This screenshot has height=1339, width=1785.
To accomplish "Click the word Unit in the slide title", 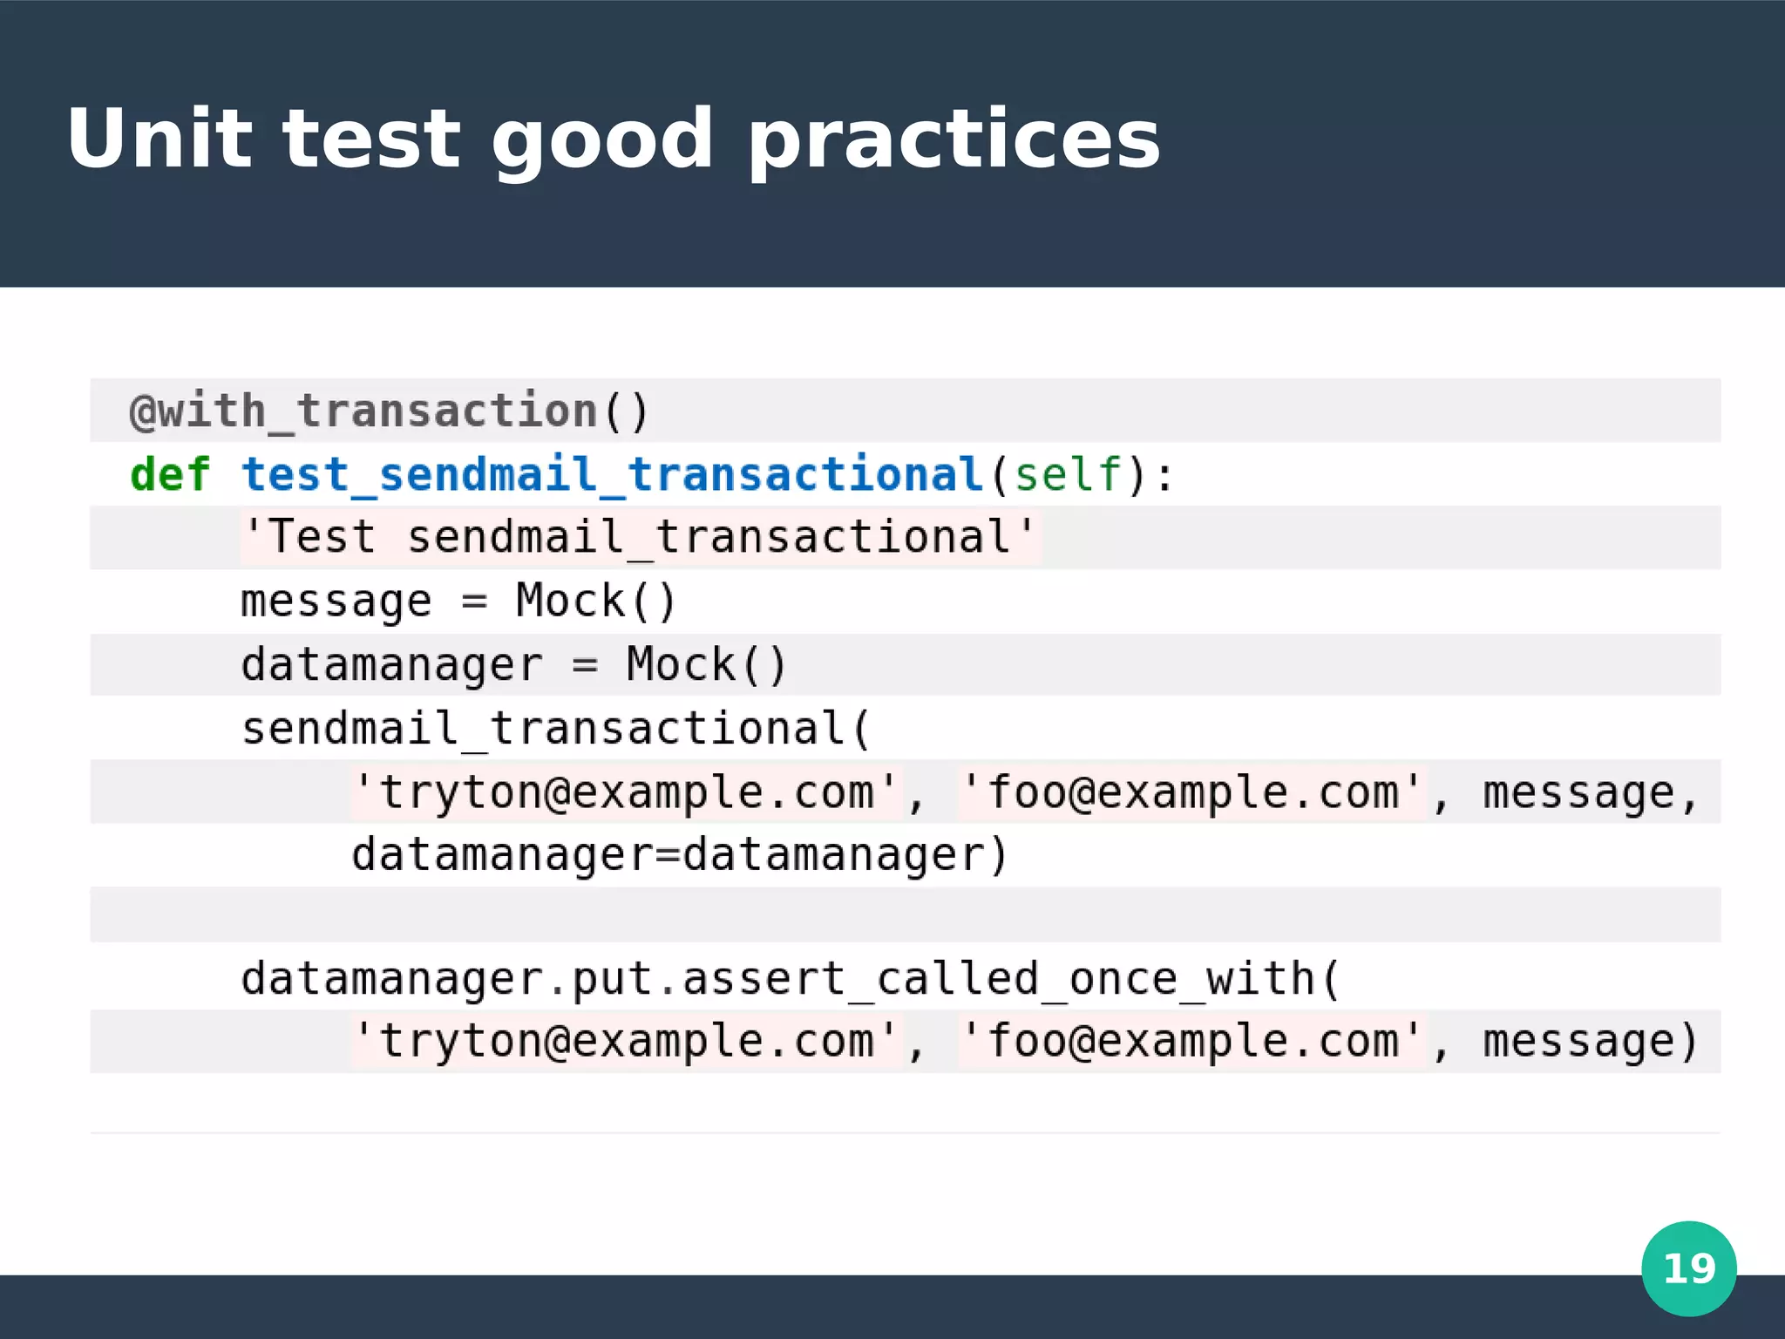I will click(159, 139).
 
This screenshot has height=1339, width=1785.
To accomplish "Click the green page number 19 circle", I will click(1688, 1268).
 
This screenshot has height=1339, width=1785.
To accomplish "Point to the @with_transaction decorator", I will click(389, 411).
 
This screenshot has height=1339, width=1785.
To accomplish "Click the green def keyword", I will click(170, 475).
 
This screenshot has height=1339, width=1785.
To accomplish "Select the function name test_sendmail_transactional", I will click(613, 475).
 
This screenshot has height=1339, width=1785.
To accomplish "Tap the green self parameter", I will click(1068, 475).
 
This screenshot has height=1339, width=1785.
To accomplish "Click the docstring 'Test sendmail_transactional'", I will click(639, 537).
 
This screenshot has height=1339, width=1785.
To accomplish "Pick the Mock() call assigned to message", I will click(595, 602).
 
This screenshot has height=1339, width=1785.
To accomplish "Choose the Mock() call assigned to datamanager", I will click(706, 665).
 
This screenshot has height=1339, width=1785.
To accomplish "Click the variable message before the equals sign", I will click(336, 602).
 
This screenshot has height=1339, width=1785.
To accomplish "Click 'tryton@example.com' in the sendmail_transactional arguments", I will click(627, 792).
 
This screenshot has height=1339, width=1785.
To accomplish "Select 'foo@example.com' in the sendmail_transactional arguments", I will click(1191, 792).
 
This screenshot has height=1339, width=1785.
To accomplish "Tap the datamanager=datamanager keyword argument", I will click(679, 855).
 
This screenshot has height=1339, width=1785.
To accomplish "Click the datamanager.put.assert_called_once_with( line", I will click(790, 979).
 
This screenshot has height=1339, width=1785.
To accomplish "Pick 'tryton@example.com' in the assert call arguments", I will click(627, 1041).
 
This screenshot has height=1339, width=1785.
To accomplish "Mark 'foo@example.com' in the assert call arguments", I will click(1191, 1041).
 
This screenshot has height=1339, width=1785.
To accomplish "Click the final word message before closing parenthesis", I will click(1578, 1041).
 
